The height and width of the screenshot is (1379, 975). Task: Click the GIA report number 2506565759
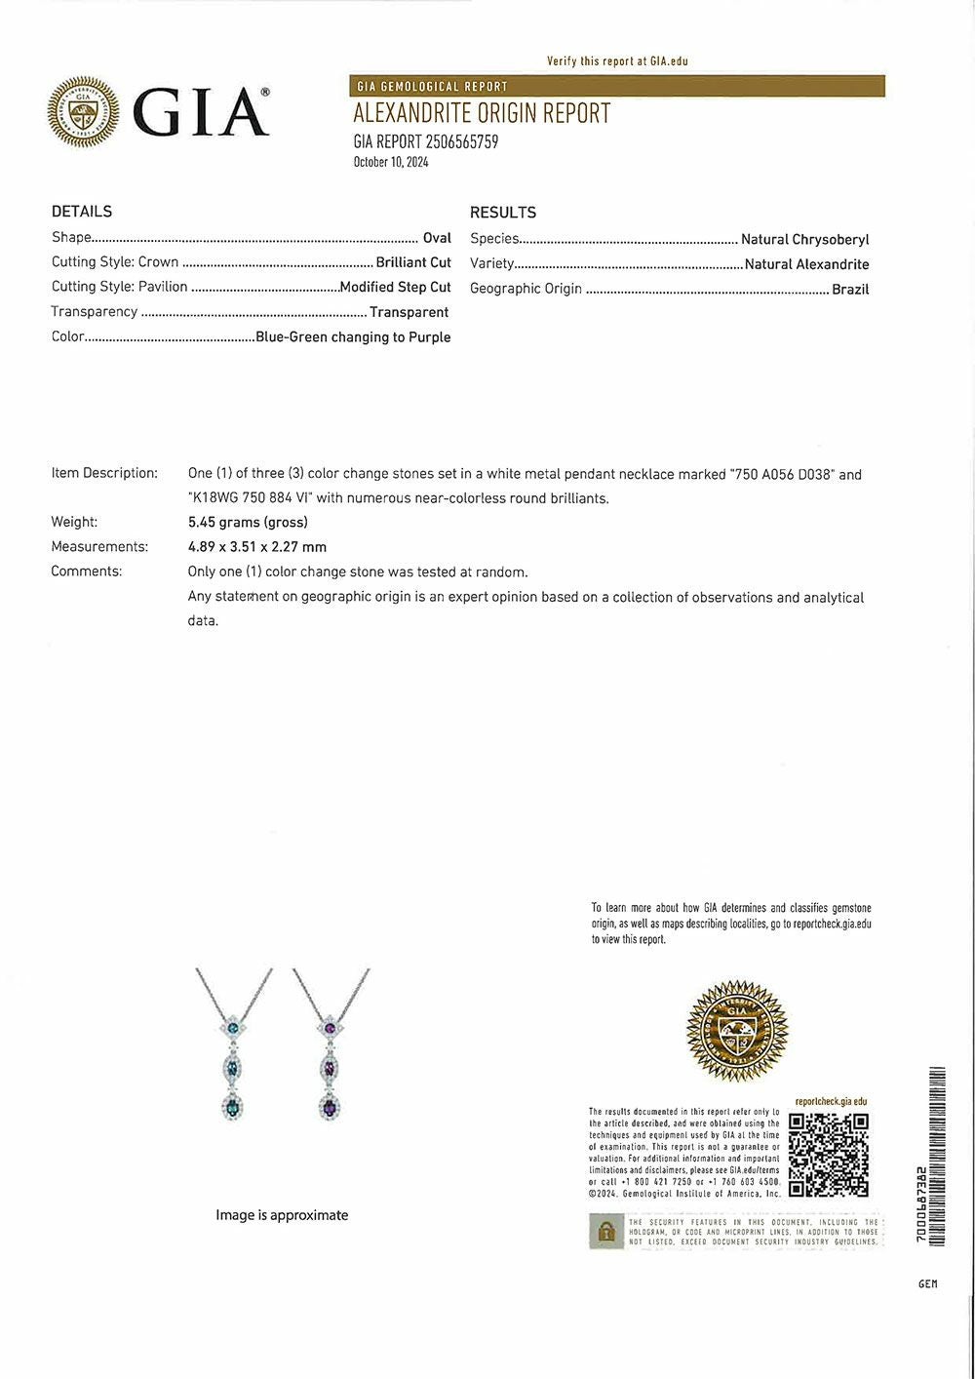click(426, 142)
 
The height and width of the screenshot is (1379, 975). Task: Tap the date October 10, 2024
click(391, 163)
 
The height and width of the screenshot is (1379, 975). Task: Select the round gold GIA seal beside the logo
click(83, 112)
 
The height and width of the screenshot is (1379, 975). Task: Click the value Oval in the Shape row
click(437, 238)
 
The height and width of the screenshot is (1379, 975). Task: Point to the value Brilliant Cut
click(413, 262)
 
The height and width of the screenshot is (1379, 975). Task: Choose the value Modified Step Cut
click(395, 287)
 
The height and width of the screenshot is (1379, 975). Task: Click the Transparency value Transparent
click(409, 312)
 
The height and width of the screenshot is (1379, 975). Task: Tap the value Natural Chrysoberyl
click(804, 239)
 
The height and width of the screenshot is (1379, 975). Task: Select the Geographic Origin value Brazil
click(850, 289)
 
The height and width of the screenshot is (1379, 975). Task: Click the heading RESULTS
click(503, 213)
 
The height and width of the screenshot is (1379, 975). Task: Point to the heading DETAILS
click(82, 212)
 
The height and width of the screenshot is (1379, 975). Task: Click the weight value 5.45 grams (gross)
click(248, 522)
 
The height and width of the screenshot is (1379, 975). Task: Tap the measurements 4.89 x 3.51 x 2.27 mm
click(257, 547)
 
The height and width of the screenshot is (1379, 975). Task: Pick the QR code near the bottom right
click(828, 1155)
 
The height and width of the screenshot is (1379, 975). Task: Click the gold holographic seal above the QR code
click(736, 1030)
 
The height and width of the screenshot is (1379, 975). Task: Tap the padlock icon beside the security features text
click(606, 1232)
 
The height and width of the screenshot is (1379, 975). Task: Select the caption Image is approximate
click(282, 1215)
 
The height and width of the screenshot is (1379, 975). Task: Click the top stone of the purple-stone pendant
click(331, 1029)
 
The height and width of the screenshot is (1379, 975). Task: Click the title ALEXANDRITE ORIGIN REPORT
click(482, 114)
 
